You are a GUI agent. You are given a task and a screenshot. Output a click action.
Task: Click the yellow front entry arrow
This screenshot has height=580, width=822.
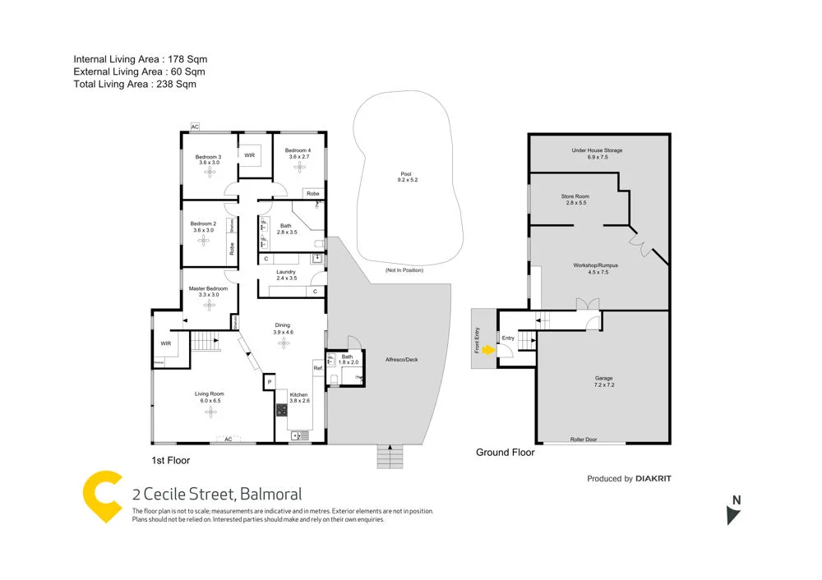tap(488, 349)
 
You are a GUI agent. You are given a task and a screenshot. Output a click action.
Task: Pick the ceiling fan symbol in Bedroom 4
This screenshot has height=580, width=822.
tap(298, 167)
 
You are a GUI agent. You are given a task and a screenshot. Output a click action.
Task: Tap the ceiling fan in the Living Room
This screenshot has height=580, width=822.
tap(209, 412)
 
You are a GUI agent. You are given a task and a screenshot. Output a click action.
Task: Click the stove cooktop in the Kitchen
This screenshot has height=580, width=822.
tap(281, 411)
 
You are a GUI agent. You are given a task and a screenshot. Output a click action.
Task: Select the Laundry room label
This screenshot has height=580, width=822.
tap(286, 272)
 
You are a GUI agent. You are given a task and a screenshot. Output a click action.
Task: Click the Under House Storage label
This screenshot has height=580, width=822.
tap(598, 151)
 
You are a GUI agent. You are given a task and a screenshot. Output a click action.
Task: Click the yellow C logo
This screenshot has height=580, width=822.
tap(102, 496)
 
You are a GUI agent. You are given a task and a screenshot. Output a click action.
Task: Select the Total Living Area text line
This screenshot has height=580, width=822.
tap(135, 84)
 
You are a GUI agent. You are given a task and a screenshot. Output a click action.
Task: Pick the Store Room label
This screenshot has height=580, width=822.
tap(575, 196)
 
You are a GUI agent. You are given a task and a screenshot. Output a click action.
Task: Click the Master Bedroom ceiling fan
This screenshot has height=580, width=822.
tap(209, 304)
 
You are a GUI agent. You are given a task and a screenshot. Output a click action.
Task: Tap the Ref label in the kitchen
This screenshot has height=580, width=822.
tap(316, 369)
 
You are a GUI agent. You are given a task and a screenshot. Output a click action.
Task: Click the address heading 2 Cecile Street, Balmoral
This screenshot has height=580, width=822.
tap(217, 494)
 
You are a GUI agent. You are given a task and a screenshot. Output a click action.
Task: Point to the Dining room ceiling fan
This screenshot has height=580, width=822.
tap(283, 341)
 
